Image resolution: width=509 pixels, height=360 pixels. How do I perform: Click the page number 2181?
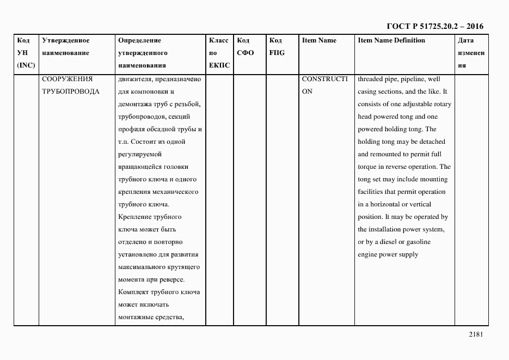tap(475, 334)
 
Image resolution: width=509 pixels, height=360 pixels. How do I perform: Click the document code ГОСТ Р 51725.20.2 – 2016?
tap(434, 26)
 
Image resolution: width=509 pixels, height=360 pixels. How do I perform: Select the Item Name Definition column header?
tap(391, 40)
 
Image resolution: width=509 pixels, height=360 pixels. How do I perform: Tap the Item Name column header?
tap(319, 40)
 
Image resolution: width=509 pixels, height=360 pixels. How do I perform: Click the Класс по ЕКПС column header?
tap(219, 53)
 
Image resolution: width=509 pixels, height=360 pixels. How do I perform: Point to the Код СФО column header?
tap(246, 47)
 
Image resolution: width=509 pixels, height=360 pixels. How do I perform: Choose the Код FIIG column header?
tap(277, 47)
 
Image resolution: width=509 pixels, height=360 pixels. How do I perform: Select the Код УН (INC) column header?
tap(26, 53)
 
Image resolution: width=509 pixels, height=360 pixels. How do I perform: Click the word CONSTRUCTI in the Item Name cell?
tap(324, 79)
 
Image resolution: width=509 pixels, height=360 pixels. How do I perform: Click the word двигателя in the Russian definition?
tap(132, 79)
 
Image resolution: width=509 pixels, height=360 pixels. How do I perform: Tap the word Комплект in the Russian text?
tap(132, 292)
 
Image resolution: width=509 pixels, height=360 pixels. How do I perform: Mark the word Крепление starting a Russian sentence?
tap(133, 217)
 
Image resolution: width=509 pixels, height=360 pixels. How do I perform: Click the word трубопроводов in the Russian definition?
tap(140, 117)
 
